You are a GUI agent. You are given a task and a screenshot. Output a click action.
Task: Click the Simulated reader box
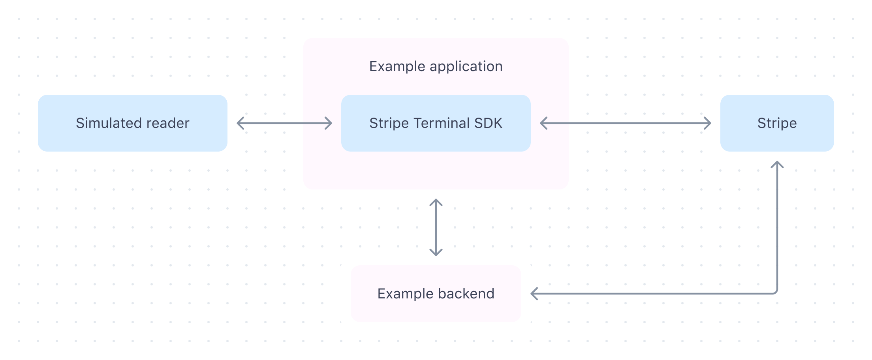click(x=133, y=123)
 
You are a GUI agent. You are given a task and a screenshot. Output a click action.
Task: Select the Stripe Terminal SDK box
click(x=436, y=123)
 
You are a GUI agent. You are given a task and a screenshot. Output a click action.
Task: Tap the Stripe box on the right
click(x=777, y=123)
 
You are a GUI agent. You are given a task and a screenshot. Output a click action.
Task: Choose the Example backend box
click(x=436, y=294)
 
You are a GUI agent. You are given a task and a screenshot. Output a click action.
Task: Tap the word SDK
click(x=489, y=123)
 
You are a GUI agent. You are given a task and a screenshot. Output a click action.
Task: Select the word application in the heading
click(x=466, y=67)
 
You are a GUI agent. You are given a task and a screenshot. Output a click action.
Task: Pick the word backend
click(x=466, y=294)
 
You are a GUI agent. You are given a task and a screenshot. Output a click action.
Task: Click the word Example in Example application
click(x=397, y=67)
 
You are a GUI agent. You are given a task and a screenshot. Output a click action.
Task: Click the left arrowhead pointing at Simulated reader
click(x=240, y=123)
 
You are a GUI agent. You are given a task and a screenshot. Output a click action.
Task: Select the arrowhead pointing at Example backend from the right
click(x=534, y=294)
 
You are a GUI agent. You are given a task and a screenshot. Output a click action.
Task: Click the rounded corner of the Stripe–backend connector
click(x=776, y=292)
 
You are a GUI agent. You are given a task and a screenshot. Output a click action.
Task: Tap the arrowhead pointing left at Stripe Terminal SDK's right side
click(x=543, y=123)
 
